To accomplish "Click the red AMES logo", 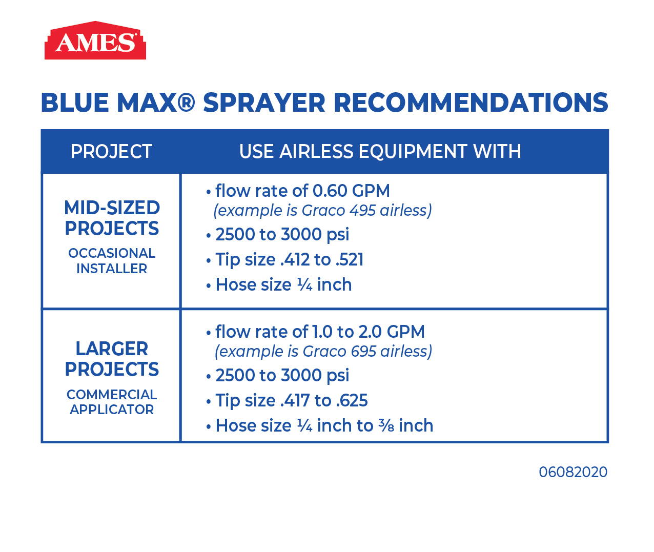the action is (95, 40).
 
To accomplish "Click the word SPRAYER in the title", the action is (264, 103).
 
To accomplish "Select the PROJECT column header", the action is (111, 152).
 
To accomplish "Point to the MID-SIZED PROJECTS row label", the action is (112, 218).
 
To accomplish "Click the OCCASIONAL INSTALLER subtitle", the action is (112, 261).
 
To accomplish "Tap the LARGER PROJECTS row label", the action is (112, 359).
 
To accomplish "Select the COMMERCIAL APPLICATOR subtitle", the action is (112, 402).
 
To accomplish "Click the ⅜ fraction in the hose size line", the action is (386, 426).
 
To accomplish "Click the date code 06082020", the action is (573, 472).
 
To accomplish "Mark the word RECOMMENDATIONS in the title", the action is (471, 103).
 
